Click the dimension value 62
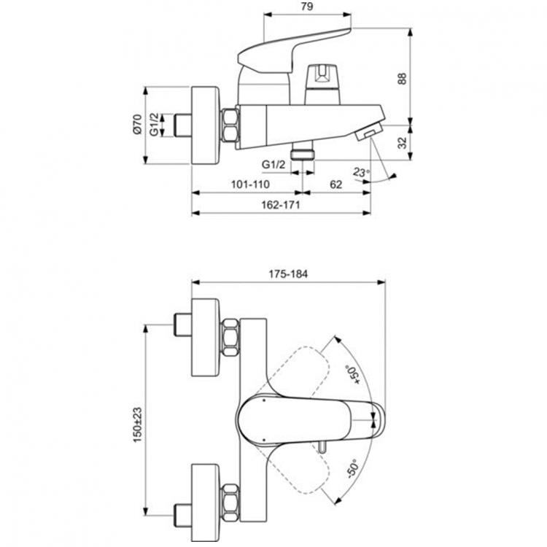(x=335, y=185)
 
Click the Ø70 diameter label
(x=136, y=125)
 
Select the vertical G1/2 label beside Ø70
(x=155, y=125)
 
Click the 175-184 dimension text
(x=290, y=273)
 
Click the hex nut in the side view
(x=230, y=125)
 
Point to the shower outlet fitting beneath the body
(x=300, y=151)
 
